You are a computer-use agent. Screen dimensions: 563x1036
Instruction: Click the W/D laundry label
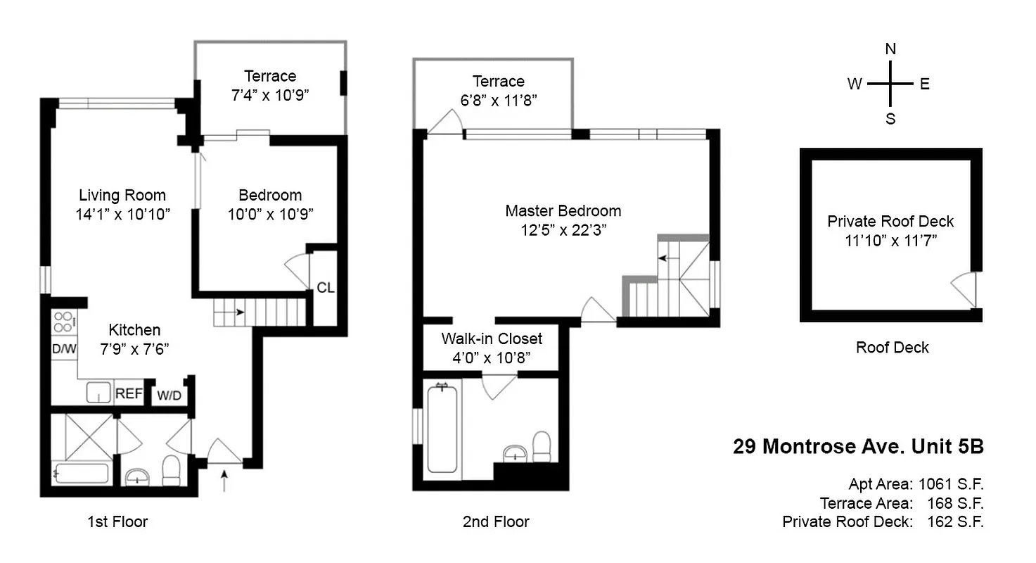point(169,396)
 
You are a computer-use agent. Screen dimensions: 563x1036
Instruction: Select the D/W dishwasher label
point(63,348)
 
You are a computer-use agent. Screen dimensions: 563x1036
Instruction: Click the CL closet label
point(325,287)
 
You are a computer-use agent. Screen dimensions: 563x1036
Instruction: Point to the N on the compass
point(890,49)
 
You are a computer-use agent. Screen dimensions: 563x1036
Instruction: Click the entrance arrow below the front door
point(224,481)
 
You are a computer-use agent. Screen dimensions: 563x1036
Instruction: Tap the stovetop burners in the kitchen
point(63,322)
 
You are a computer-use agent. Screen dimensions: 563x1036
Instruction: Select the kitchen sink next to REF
point(98,393)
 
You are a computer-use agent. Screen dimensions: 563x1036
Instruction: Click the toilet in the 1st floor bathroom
point(171,470)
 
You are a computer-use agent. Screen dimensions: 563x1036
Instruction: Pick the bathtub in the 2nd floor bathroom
point(442,429)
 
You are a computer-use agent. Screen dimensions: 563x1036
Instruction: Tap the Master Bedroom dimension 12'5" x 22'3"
point(563,229)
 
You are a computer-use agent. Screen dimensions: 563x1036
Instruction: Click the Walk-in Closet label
point(492,339)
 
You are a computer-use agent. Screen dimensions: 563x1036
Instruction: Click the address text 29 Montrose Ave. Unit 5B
point(858,447)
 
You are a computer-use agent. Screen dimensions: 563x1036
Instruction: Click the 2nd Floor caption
point(496,521)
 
